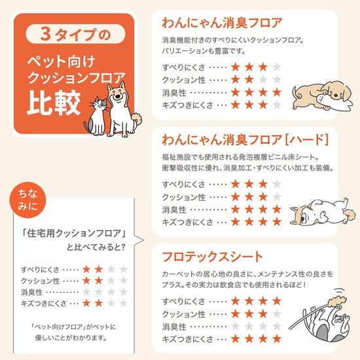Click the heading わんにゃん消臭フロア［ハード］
tap(245, 140)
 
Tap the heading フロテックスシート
tap(212, 257)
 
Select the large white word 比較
tap(54, 103)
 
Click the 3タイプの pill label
tap(75, 34)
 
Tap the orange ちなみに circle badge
tap(27, 200)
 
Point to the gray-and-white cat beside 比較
tap(96, 117)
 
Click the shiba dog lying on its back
tap(323, 212)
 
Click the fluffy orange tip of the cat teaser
tap(337, 301)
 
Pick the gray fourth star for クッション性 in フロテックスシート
tap(277, 314)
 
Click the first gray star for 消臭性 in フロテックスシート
tap(236, 326)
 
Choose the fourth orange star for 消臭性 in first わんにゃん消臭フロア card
tap(277, 92)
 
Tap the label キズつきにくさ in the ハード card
tap(187, 223)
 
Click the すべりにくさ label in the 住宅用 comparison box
tap(41, 269)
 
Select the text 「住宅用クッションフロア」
tap(74, 234)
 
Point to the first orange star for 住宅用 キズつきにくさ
tap(86, 303)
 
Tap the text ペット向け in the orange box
tap(61, 62)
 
